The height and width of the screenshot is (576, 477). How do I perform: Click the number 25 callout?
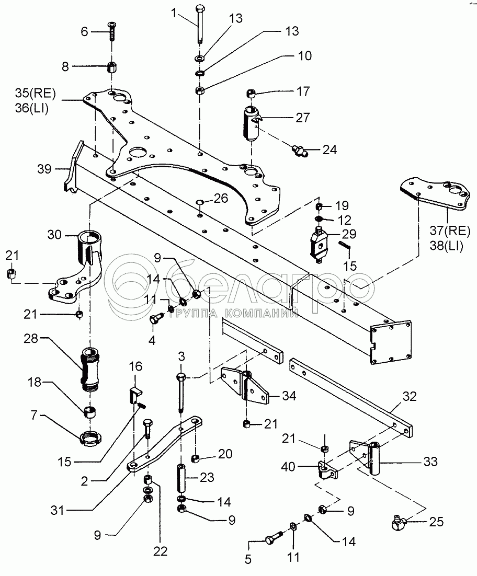point(436,521)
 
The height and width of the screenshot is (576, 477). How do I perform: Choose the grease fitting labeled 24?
point(299,152)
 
